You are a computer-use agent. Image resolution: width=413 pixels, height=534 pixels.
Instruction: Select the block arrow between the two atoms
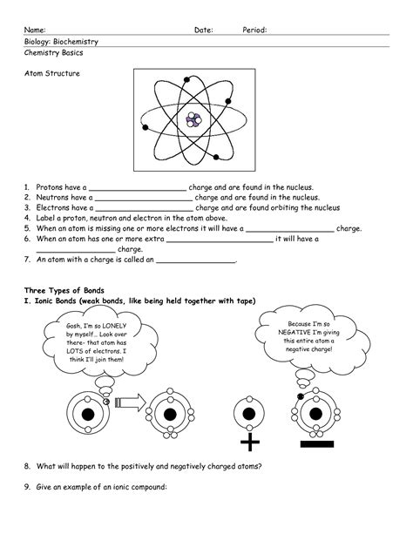pyautogui.click(x=127, y=402)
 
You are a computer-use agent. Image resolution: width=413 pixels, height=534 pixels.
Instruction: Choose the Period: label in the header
pyautogui.click(x=254, y=30)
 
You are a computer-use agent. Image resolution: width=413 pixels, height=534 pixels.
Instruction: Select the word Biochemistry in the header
pyautogui.click(x=76, y=42)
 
